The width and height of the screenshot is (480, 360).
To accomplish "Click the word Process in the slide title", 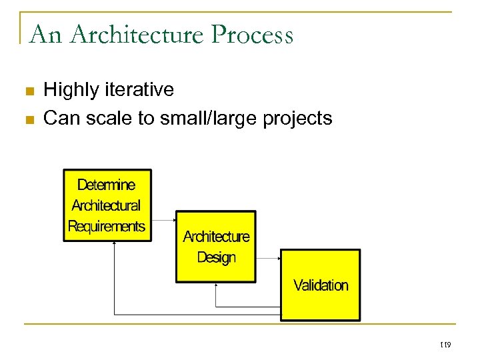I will pos(253,34).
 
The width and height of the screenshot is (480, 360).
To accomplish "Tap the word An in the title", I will pos(45,34).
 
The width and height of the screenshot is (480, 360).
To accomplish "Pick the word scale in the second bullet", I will pos(117,119).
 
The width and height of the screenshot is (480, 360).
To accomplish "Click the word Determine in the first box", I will pos(106,185).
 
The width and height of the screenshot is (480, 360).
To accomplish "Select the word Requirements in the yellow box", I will pos(107,226).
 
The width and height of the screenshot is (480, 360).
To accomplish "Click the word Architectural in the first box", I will pos(106,205).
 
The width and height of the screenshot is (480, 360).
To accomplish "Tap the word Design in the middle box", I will pos(216,257).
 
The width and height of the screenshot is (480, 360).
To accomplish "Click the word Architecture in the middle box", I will pos(216,237).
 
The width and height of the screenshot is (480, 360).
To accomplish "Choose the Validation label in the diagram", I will pos(321,285).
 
